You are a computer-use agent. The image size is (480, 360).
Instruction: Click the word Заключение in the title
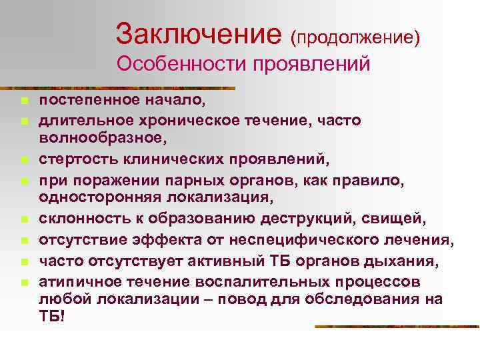tap(199, 32)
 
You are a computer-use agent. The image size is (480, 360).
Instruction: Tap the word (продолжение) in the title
tap(355, 37)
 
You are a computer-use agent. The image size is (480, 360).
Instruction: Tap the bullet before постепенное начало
tap(22, 102)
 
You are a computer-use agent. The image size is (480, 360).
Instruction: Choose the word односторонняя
tap(91, 195)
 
